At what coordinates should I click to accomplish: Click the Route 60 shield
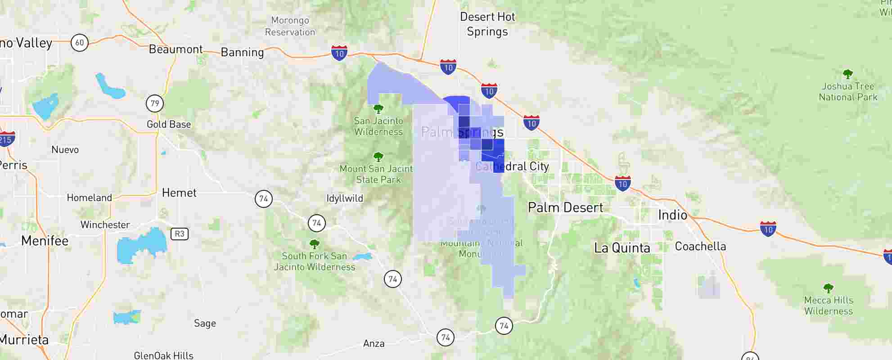pyautogui.click(x=79, y=43)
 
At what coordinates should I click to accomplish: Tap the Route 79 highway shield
pyautogui.click(x=155, y=103)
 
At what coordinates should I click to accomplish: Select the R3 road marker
pyautogui.click(x=179, y=234)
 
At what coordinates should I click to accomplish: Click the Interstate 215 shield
pyautogui.click(x=6, y=139)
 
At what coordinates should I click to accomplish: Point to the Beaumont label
pyautogui.click(x=176, y=49)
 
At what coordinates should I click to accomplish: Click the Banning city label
pyautogui.click(x=242, y=52)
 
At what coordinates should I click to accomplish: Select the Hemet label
pyautogui.click(x=179, y=193)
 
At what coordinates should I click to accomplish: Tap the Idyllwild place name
pyautogui.click(x=345, y=198)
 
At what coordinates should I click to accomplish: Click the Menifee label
pyautogui.click(x=45, y=241)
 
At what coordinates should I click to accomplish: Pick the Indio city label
pyautogui.click(x=672, y=215)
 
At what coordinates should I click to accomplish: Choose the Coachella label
pyautogui.click(x=700, y=246)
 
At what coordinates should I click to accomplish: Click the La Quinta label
pyautogui.click(x=622, y=248)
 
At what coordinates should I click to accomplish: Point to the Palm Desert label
pyautogui.click(x=565, y=207)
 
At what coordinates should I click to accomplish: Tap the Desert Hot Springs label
pyautogui.click(x=487, y=24)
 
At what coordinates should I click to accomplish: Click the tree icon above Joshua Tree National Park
pyautogui.click(x=847, y=74)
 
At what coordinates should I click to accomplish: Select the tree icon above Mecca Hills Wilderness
pyautogui.click(x=828, y=288)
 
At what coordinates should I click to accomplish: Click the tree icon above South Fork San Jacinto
pyautogui.click(x=315, y=244)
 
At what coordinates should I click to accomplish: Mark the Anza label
pyautogui.click(x=374, y=344)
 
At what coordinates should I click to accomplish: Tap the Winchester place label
pyautogui.click(x=105, y=225)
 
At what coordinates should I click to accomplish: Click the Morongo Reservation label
pyautogui.click(x=290, y=26)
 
